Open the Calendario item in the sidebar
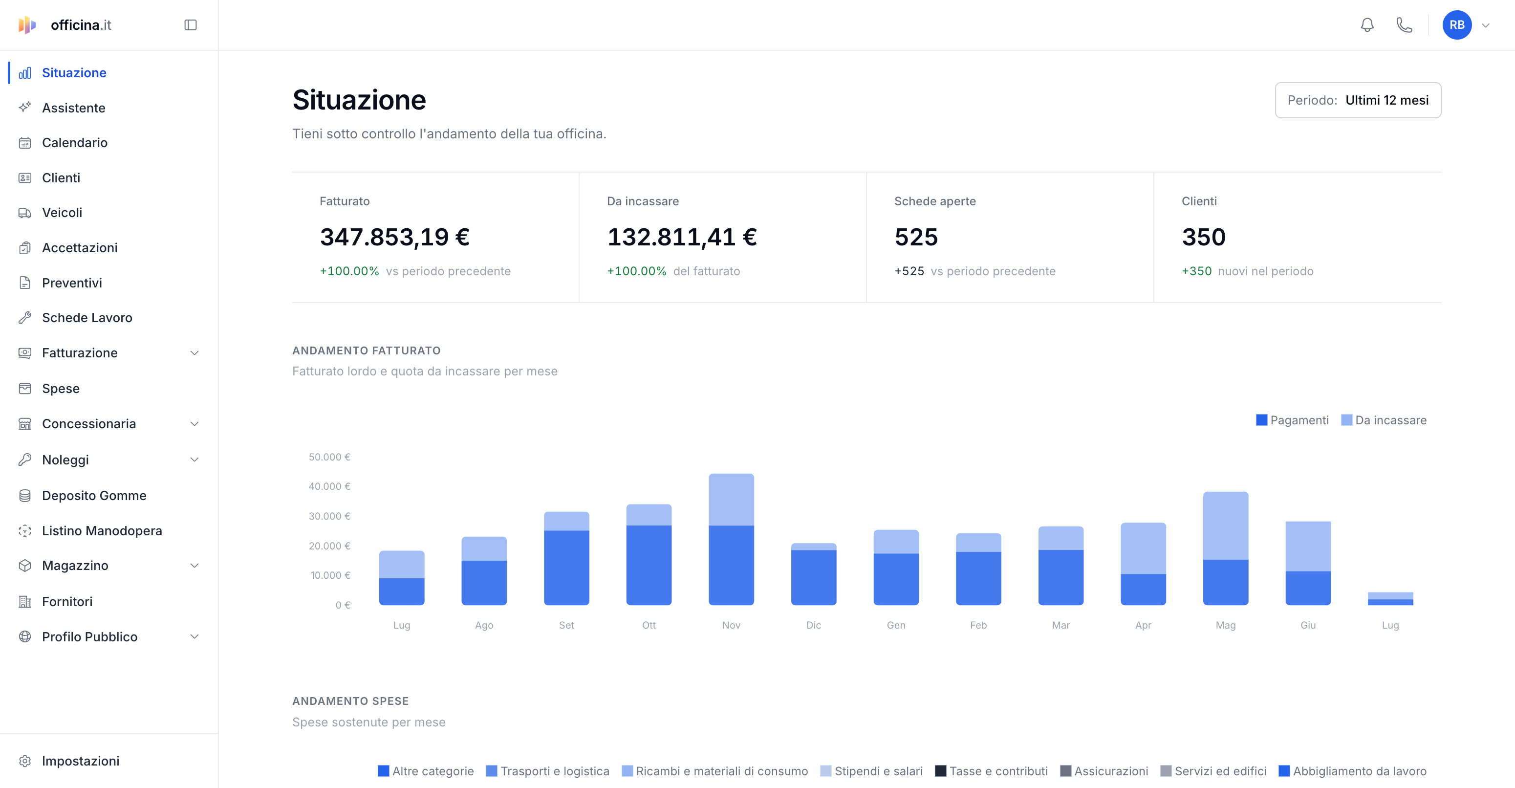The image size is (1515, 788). pyautogui.click(x=74, y=143)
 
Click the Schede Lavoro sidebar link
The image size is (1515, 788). pyautogui.click(x=87, y=318)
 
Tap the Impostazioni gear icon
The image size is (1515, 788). pyautogui.click(x=25, y=761)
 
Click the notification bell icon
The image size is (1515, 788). pyautogui.click(x=1367, y=25)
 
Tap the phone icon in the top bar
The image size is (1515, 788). pyautogui.click(x=1405, y=25)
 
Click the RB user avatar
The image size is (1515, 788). pyautogui.click(x=1457, y=25)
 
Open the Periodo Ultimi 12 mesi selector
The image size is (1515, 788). pyautogui.click(x=1358, y=100)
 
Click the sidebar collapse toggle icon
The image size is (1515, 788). pyautogui.click(x=191, y=25)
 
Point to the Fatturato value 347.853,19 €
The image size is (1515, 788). pyautogui.click(x=394, y=237)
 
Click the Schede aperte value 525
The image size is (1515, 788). pyautogui.click(x=916, y=237)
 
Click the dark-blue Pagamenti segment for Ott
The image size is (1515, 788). pyautogui.click(x=649, y=565)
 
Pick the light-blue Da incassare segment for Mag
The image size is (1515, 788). pyautogui.click(x=1226, y=525)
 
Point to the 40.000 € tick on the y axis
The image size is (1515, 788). pyautogui.click(x=329, y=486)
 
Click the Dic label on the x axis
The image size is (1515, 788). pyautogui.click(x=813, y=625)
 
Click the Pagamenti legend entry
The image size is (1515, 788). pyautogui.click(x=1292, y=420)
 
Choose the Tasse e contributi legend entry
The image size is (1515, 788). pyautogui.click(x=992, y=771)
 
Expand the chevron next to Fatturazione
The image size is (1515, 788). pyautogui.click(x=195, y=353)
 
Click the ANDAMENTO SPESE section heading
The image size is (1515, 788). pyautogui.click(x=350, y=701)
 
